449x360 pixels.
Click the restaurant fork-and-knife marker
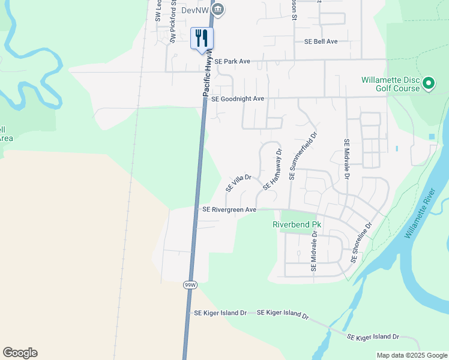202,38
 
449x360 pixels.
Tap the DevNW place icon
218,8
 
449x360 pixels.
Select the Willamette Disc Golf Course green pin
428,83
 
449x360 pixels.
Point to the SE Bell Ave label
321,41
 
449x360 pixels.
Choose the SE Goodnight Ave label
238,98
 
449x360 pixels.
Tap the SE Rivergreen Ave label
229,210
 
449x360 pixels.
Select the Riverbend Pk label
297,224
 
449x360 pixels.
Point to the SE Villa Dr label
238,182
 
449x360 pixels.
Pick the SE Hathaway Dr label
273,170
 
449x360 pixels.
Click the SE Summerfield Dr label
303,154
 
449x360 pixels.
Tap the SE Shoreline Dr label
361,242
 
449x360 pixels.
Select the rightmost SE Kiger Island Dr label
373,337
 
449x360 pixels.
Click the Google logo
20,353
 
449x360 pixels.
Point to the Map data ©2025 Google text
411,355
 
